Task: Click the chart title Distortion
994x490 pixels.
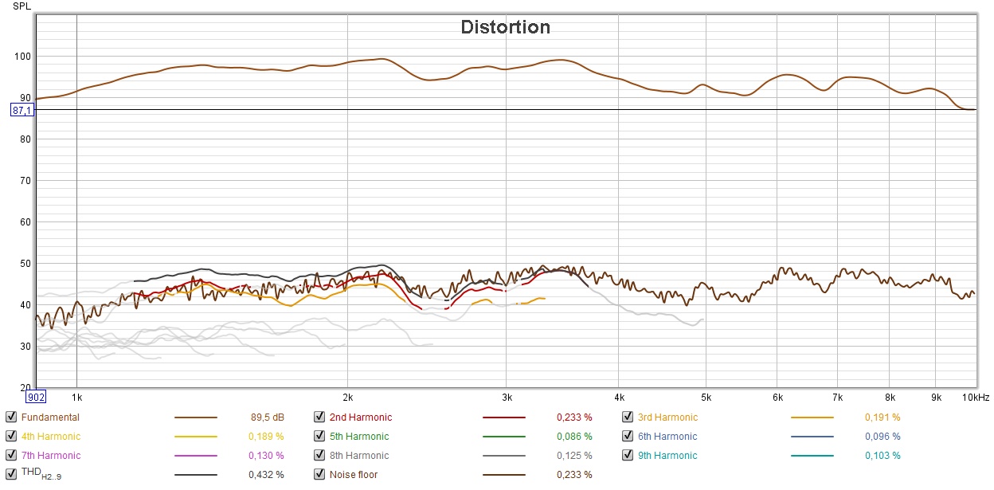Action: click(505, 27)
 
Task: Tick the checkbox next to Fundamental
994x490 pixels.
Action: click(10, 417)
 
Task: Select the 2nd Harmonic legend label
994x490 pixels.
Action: click(361, 417)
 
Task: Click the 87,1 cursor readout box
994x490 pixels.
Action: click(22, 110)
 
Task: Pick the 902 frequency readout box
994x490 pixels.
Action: click(36, 397)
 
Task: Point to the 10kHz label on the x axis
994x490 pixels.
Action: click(976, 397)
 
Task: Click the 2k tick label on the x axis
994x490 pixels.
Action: click(347, 397)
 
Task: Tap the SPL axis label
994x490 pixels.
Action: click(22, 6)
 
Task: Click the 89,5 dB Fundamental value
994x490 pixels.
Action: click(267, 417)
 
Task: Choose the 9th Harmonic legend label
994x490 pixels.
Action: click(667, 456)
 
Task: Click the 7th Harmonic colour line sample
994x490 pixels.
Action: click(195, 456)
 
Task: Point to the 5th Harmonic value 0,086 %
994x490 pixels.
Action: click(574, 436)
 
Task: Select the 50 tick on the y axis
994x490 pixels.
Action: click(23, 264)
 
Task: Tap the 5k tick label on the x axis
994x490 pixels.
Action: click(705, 397)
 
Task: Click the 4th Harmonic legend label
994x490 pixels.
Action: click(51, 436)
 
